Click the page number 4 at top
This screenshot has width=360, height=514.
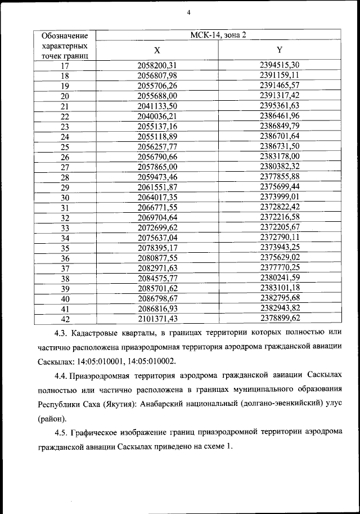coord(190,12)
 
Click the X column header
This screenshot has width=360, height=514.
coord(157,50)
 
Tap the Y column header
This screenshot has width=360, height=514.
coord(280,50)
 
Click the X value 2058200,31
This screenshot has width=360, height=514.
coord(157,65)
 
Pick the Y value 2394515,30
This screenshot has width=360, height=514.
coord(280,65)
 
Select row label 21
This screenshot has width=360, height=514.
coord(65,106)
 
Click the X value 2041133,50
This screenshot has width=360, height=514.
coord(157,106)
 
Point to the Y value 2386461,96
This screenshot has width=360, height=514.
coord(280,115)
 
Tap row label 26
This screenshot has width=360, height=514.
coord(65,157)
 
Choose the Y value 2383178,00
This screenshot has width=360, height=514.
coord(280,156)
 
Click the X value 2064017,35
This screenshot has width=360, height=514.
coord(157,198)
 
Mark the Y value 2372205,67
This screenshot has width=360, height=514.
coord(280,227)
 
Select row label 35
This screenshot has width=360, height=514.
coord(65,248)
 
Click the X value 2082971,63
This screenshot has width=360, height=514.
coord(157,269)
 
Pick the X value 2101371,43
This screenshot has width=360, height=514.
coord(157,319)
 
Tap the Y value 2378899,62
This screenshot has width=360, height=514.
coord(280,319)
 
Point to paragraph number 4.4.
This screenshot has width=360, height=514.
coord(62,375)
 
